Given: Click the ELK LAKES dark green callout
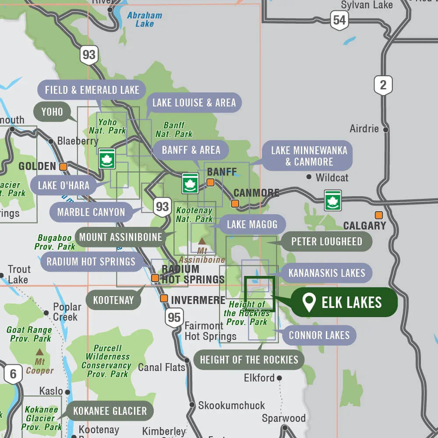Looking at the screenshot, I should (x=344, y=302).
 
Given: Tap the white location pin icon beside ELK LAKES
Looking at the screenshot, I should (x=309, y=303).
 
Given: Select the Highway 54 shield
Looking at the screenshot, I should (x=339, y=20).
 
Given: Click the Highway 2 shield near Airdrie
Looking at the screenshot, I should (x=383, y=85).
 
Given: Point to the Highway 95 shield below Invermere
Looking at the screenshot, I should (x=174, y=317).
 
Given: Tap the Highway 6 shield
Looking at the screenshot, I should (x=13, y=374).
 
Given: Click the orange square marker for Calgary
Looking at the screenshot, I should (x=378, y=215).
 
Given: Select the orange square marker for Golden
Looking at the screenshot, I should (x=64, y=166).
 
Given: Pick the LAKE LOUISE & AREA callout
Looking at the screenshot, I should (x=194, y=103).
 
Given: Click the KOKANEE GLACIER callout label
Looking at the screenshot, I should (x=109, y=411).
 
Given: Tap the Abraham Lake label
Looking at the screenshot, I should (x=145, y=19).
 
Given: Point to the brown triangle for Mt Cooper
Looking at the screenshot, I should (x=39, y=352).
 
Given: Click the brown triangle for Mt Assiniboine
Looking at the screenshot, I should (x=202, y=241).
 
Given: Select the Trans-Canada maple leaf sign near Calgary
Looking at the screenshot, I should (x=333, y=200).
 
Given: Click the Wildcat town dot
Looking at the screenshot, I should (x=309, y=177).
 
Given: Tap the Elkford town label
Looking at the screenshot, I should (x=259, y=378).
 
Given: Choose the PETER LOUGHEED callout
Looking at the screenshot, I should (x=326, y=241).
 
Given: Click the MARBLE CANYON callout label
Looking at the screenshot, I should (x=91, y=212).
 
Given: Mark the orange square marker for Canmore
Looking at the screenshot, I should (x=235, y=203).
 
